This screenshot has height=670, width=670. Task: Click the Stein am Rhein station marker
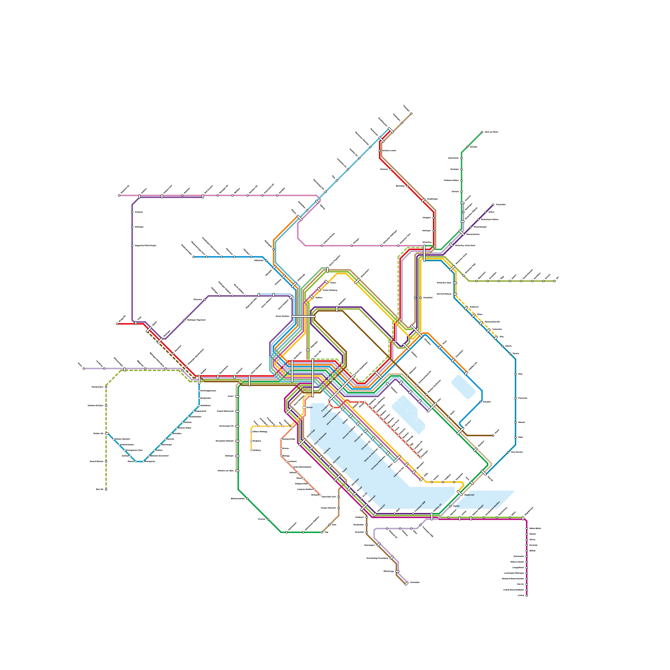[x=482, y=132]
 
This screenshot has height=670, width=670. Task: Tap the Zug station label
[x=327, y=532]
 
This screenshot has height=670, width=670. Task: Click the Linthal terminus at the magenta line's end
[x=526, y=595]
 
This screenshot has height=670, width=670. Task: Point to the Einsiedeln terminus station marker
[x=406, y=583]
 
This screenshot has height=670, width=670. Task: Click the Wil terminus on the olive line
[x=554, y=281]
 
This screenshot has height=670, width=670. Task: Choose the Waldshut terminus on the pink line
[x=119, y=195]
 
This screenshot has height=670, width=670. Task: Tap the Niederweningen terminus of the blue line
[x=193, y=257]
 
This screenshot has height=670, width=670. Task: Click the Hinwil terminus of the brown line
[x=493, y=435]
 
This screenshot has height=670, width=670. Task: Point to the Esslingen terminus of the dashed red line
[x=420, y=457]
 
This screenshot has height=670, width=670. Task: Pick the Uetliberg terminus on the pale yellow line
[x=251, y=450]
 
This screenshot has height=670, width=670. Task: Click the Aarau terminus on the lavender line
[x=84, y=368]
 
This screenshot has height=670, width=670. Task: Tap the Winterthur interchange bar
[x=424, y=253]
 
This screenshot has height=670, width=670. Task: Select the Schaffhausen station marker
[x=390, y=130]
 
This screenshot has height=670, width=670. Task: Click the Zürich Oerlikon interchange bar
[x=303, y=317]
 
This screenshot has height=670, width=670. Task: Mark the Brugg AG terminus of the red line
[x=117, y=324]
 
